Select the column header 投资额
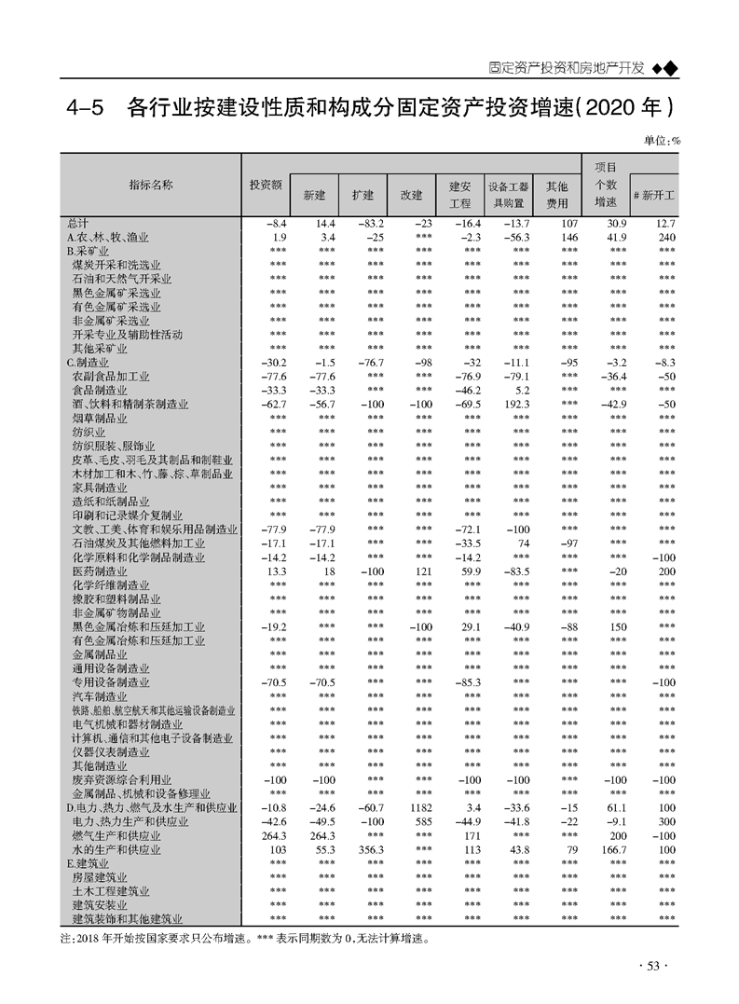(266, 185)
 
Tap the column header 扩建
(363, 195)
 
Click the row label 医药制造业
(100, 571)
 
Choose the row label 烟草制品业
(100, 419)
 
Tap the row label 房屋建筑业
(100, 877)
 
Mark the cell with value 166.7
(611, 849)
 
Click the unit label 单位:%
(662, 140)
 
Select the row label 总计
(77, 224)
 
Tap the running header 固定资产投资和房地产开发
(567, 68)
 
